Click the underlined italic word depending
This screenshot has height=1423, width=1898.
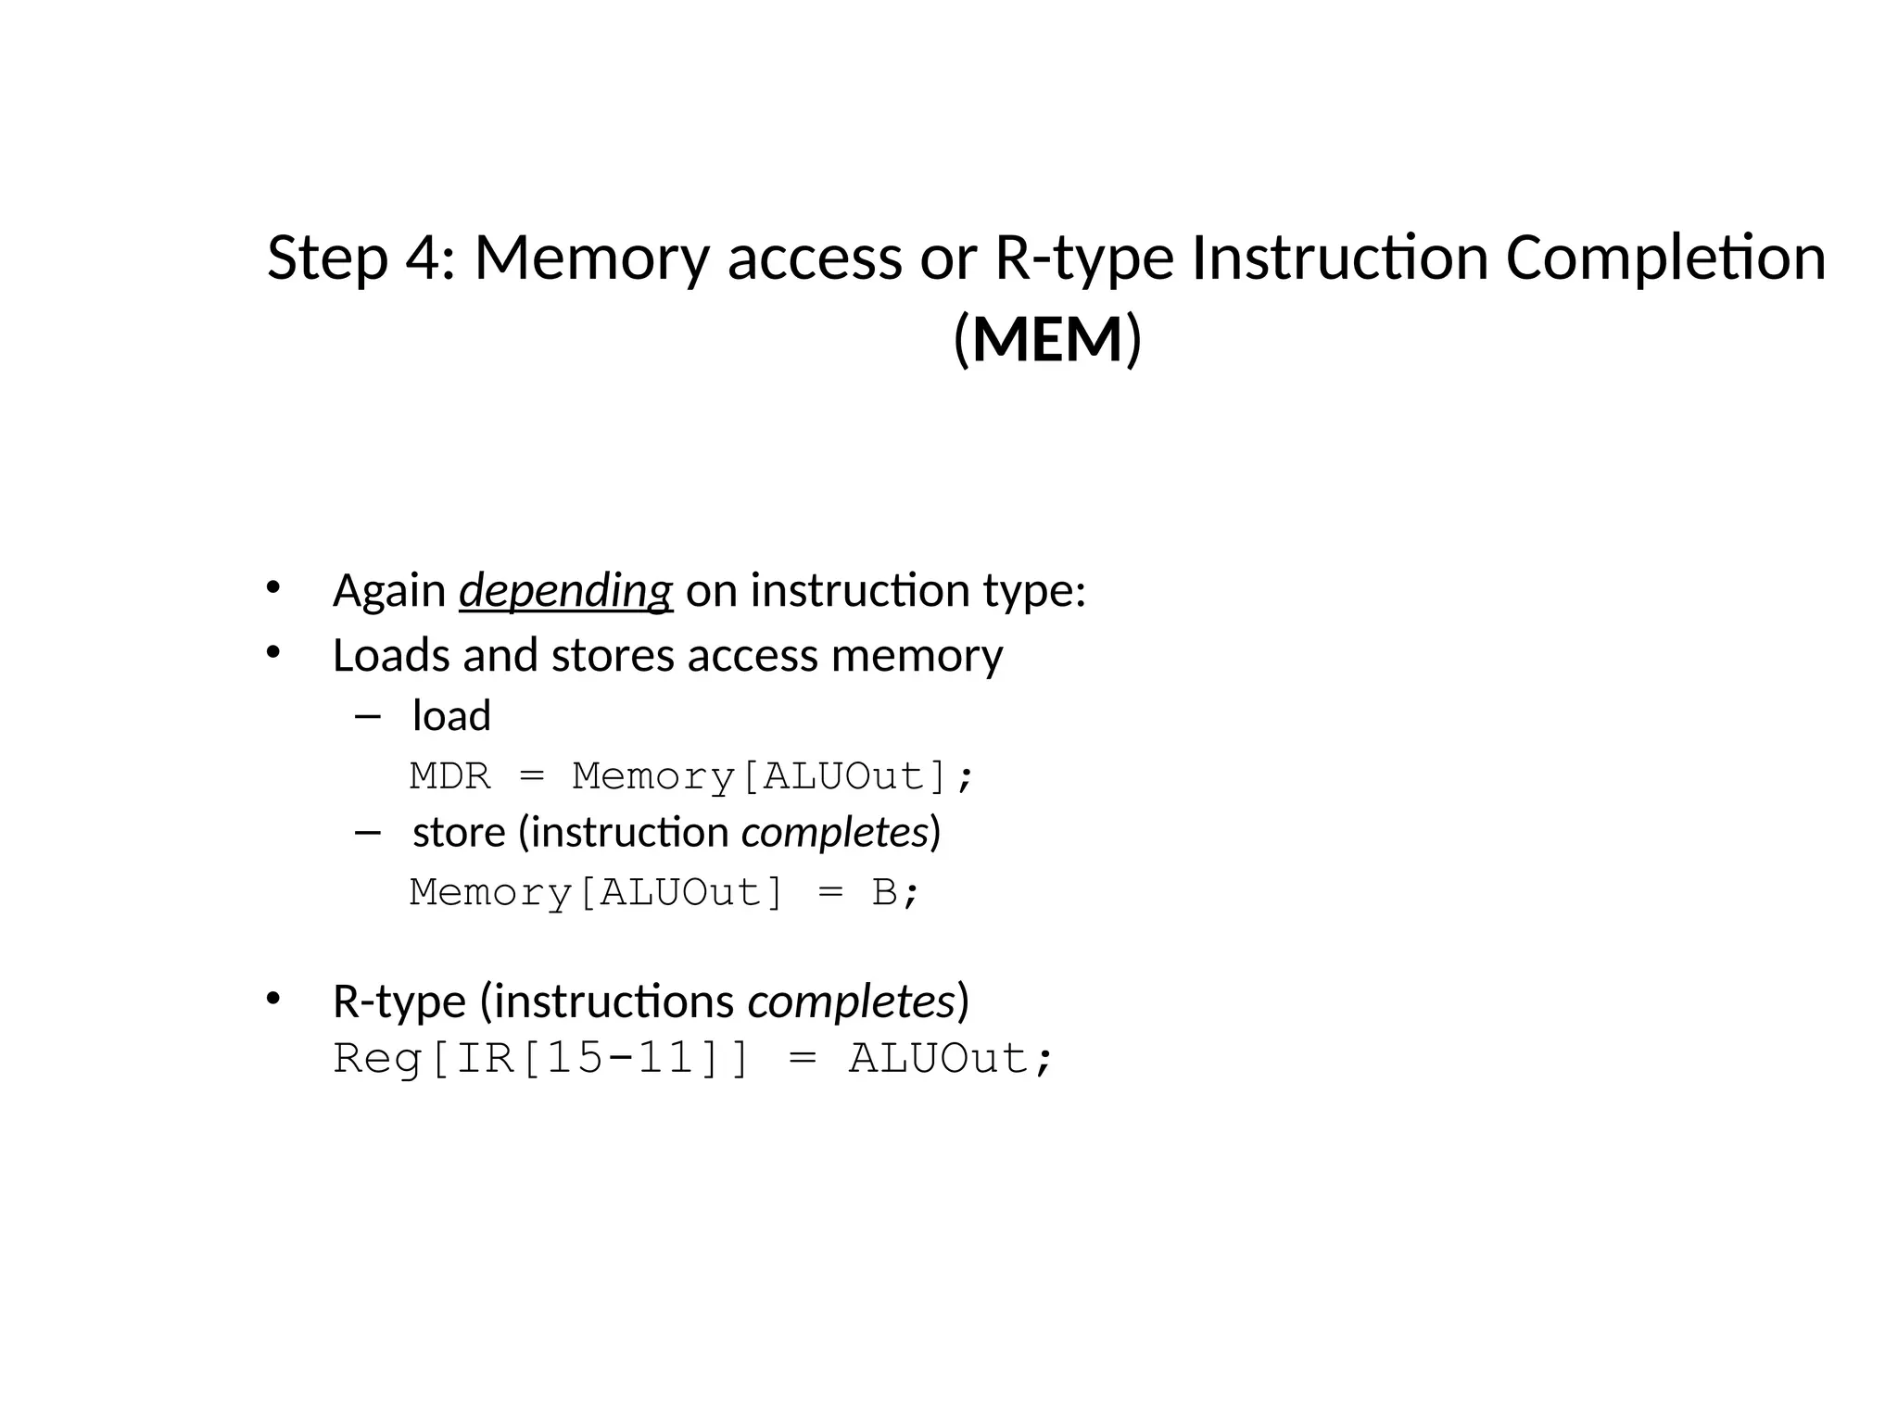click(x=565, y=590)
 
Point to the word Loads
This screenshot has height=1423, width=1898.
click(x=391, y=655)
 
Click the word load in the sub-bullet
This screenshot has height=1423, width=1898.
click(x=451, y=715)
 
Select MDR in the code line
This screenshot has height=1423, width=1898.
click(x=449, y=775)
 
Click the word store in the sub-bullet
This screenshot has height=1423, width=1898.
click(x=459, y=832)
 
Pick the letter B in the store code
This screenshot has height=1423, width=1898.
click(x=885, y=892)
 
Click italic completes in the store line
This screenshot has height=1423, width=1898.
click(x=835, y=832)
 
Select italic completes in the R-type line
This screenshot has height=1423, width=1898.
click(x=852, y=1001)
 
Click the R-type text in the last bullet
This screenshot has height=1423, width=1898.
click(x=399, y=1001)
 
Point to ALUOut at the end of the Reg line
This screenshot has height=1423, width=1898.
click(x=938, y=1058)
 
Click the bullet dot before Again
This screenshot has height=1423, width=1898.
click(x=272, y=586)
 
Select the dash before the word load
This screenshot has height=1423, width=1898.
click(x=367, y=716)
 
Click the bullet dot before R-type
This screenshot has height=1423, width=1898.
click(x=272, y=998)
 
